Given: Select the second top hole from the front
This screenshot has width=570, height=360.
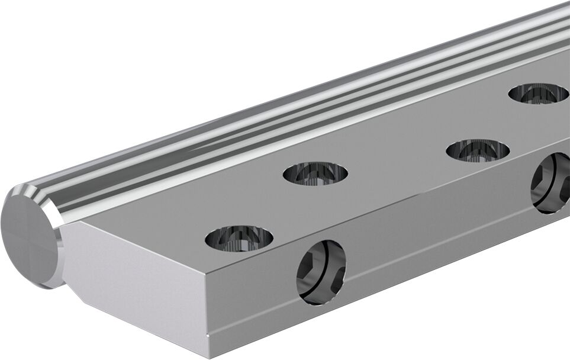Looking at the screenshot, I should [315, 173].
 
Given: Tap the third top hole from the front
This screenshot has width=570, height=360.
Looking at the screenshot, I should [478, 150].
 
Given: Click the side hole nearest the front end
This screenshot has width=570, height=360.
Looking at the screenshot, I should [321, 272].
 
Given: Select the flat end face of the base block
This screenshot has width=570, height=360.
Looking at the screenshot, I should [136, 284].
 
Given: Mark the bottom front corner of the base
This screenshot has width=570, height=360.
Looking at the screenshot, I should [210, 349].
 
